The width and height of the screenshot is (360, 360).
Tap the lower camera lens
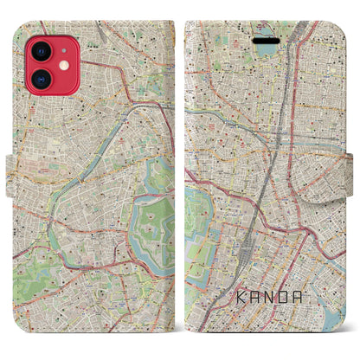[x=39, y=83]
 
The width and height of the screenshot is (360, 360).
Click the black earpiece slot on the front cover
[x=265, y=39]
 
